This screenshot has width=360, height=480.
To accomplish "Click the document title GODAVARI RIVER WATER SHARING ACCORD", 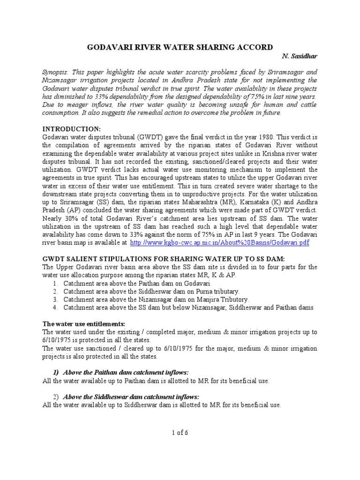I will click(180, 47).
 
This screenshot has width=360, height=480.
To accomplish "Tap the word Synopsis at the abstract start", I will click(56, 73).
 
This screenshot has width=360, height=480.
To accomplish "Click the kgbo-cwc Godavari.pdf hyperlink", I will click(219, 243).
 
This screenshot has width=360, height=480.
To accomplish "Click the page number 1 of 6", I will click(180, 433).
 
